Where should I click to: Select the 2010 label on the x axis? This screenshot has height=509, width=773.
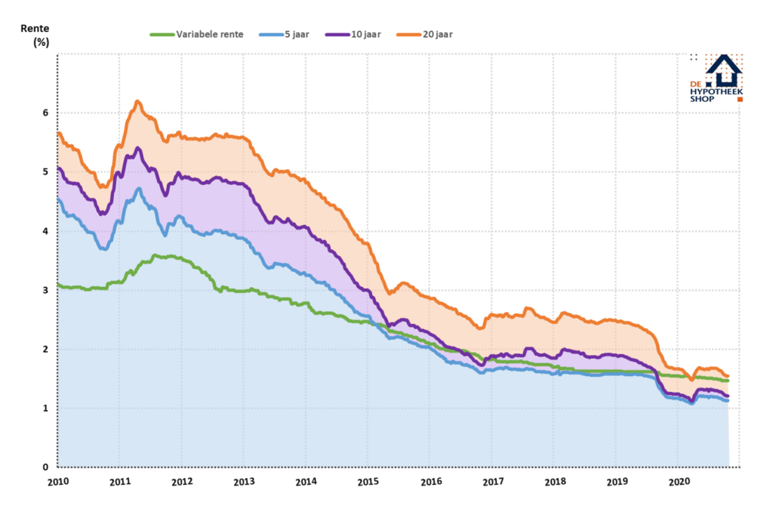click(58, 481)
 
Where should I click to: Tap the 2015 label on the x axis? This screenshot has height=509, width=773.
click(368, 481)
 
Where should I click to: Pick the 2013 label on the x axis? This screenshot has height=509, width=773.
click(244, 481)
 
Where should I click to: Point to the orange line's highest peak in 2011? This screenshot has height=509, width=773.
click(137, 101)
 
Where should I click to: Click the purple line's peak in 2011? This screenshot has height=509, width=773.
click(138, 148)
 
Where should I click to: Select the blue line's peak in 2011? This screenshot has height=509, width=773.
click(139, 189)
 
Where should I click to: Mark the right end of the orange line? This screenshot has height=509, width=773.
click(728, 376)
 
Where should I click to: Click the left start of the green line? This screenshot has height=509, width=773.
click(59, 285)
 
